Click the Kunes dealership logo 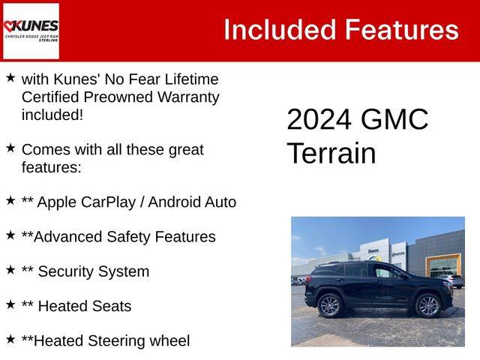coord(31,31)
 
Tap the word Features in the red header coord(402,30)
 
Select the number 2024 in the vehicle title coord(319,119)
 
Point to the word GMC coord(394,119)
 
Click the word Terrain coord(331,153)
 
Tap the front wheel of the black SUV coord(427,305)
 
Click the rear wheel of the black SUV coord(329,305)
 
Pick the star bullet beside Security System coord(10,270)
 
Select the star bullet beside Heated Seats coord(10,304)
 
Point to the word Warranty coord(188,97)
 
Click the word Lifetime coord(191,79)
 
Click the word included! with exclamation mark coord(52,115)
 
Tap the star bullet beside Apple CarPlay coord(10,200)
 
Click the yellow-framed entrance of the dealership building coord(443,265)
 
